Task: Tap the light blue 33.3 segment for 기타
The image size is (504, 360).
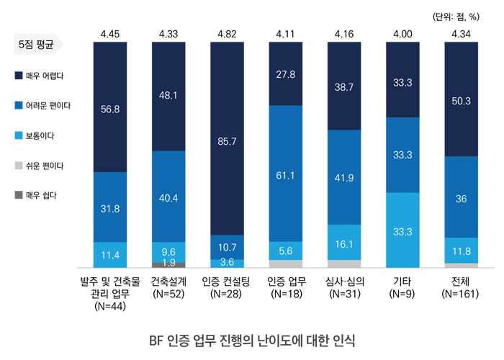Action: tap(402, 230)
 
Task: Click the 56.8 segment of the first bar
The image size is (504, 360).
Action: tap(110, 107)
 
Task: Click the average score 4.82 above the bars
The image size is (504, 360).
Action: tap(227, 33)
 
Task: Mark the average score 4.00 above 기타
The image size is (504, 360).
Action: tap(402, 33)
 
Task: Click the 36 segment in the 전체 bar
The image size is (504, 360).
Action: tap(461, 197)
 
